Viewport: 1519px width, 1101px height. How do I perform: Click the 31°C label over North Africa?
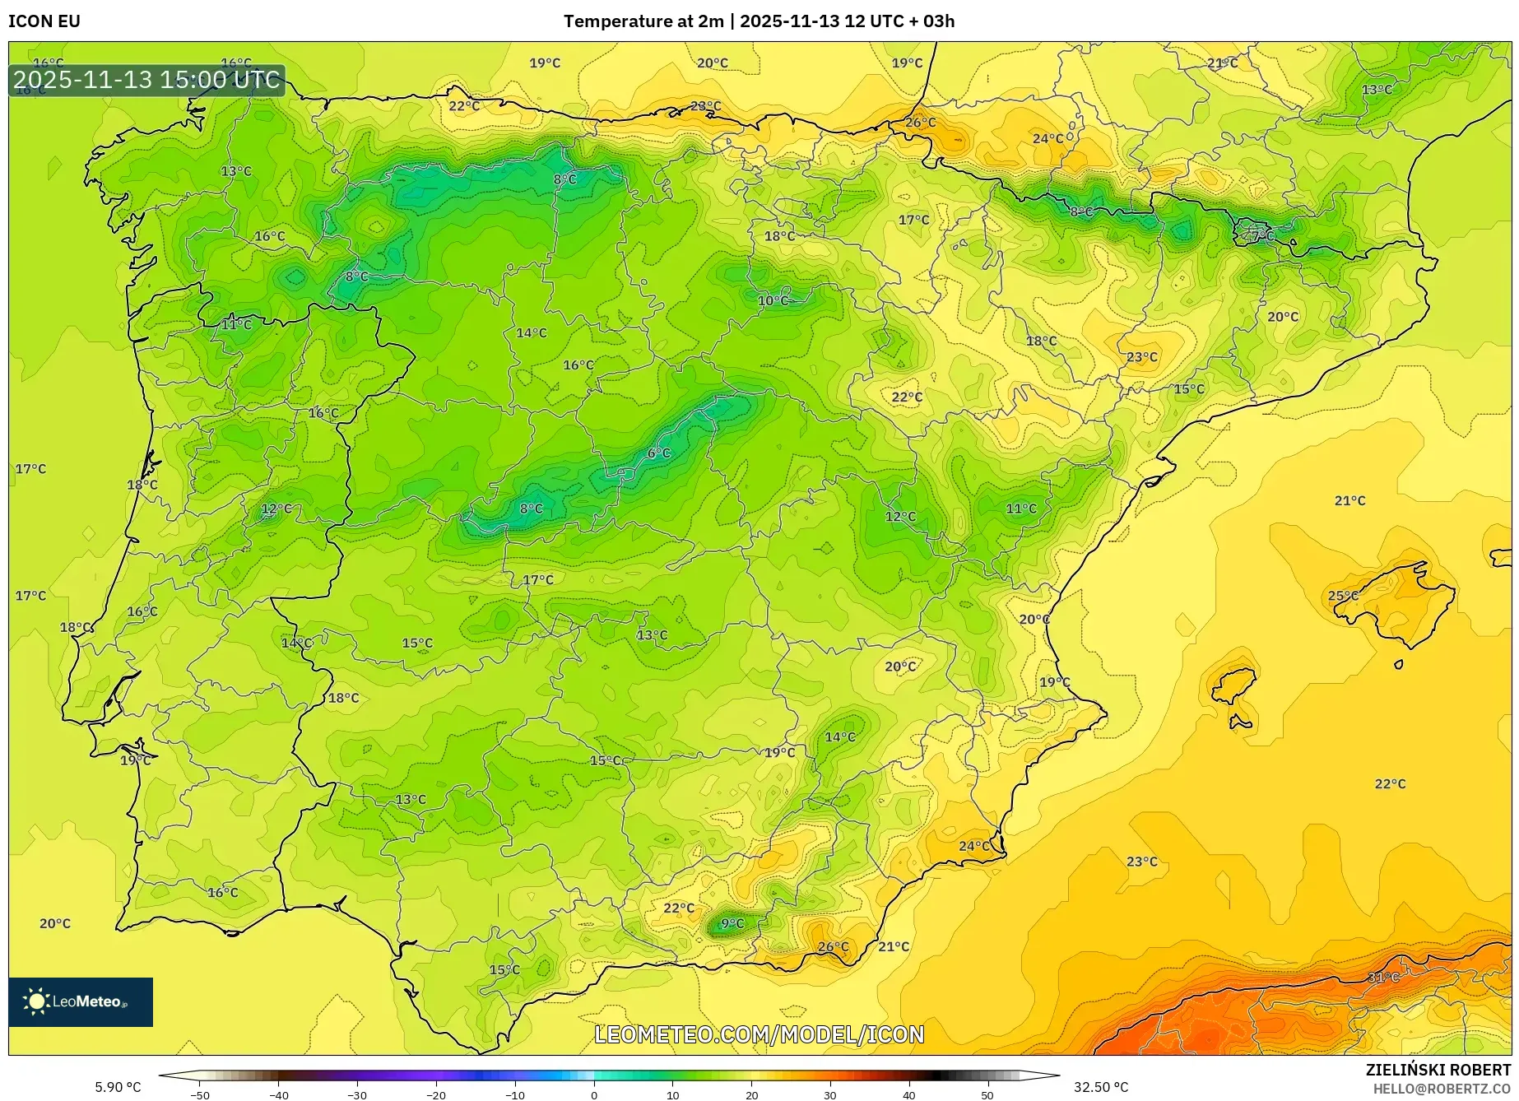click(x=1383, y=977)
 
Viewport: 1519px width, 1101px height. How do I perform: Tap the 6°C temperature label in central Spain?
click(x=658, y=453)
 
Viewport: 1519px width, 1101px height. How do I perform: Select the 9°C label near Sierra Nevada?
click(x=732, y=923)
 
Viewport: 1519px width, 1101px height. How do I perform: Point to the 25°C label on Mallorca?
click(x=1343, y=596)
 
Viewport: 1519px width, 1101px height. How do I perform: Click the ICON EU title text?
click(x=44, y=21)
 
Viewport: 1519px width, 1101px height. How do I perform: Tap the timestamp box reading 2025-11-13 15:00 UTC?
click(x=147, y=80)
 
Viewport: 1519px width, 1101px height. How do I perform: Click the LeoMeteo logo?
click(x=81, y=1001)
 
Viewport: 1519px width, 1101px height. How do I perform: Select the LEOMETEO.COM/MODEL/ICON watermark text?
click(x=759, y=1034)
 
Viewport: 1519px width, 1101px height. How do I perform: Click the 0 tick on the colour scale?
click(x=594, y=1094)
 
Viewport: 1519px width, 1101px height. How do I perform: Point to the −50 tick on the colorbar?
click(x=200, y=1094)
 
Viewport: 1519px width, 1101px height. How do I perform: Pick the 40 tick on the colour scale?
click(x=908, y=1094)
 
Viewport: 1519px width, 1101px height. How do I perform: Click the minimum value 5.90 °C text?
click(x=118, y=1087)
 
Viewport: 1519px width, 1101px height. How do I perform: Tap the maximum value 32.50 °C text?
click(x=1101, y=1087)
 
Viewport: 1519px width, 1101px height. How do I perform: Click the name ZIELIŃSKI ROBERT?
click(x=1438, y=1070)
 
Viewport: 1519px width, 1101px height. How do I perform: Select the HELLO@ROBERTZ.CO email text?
click(x=1441, y=1089)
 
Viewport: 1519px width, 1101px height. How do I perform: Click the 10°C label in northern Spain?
click(x=773, y=300)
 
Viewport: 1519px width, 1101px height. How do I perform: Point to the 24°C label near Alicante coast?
click(x=974, y=846)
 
